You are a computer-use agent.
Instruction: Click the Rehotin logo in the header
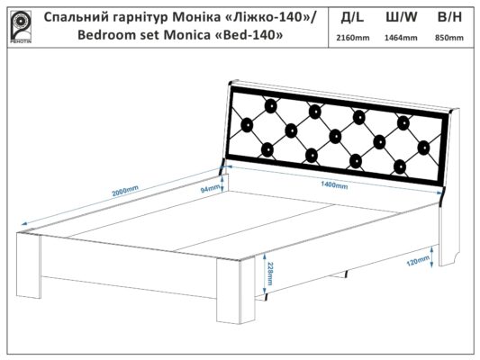click(x=21, y=27)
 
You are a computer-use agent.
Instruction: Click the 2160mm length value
click(x=353, y=38)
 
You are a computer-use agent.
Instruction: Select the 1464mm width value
click(x=401, y=38)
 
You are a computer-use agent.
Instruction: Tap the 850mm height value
click(x=449, y=38)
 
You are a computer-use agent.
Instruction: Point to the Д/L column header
click(x=352, y=18)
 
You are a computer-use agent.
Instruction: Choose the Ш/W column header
click(x=401, y=17)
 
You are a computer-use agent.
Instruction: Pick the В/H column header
click(x=449, y=17)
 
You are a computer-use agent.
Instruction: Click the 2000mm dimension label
click(x=125, y=191)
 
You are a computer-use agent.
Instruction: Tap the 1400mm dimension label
click(x=334, y=184)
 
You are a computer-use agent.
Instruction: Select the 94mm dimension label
click(x=210, y=189)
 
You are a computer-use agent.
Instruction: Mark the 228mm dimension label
click(x=269, y=274)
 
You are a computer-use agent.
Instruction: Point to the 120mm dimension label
click(x=418, y=261)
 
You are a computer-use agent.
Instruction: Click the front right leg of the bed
click(x=236, y=291)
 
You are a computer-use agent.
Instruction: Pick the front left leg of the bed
click(x=29, y=265)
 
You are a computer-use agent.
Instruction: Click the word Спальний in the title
click(x=77, y=18)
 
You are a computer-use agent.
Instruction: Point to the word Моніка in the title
click(x=195, y=18)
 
